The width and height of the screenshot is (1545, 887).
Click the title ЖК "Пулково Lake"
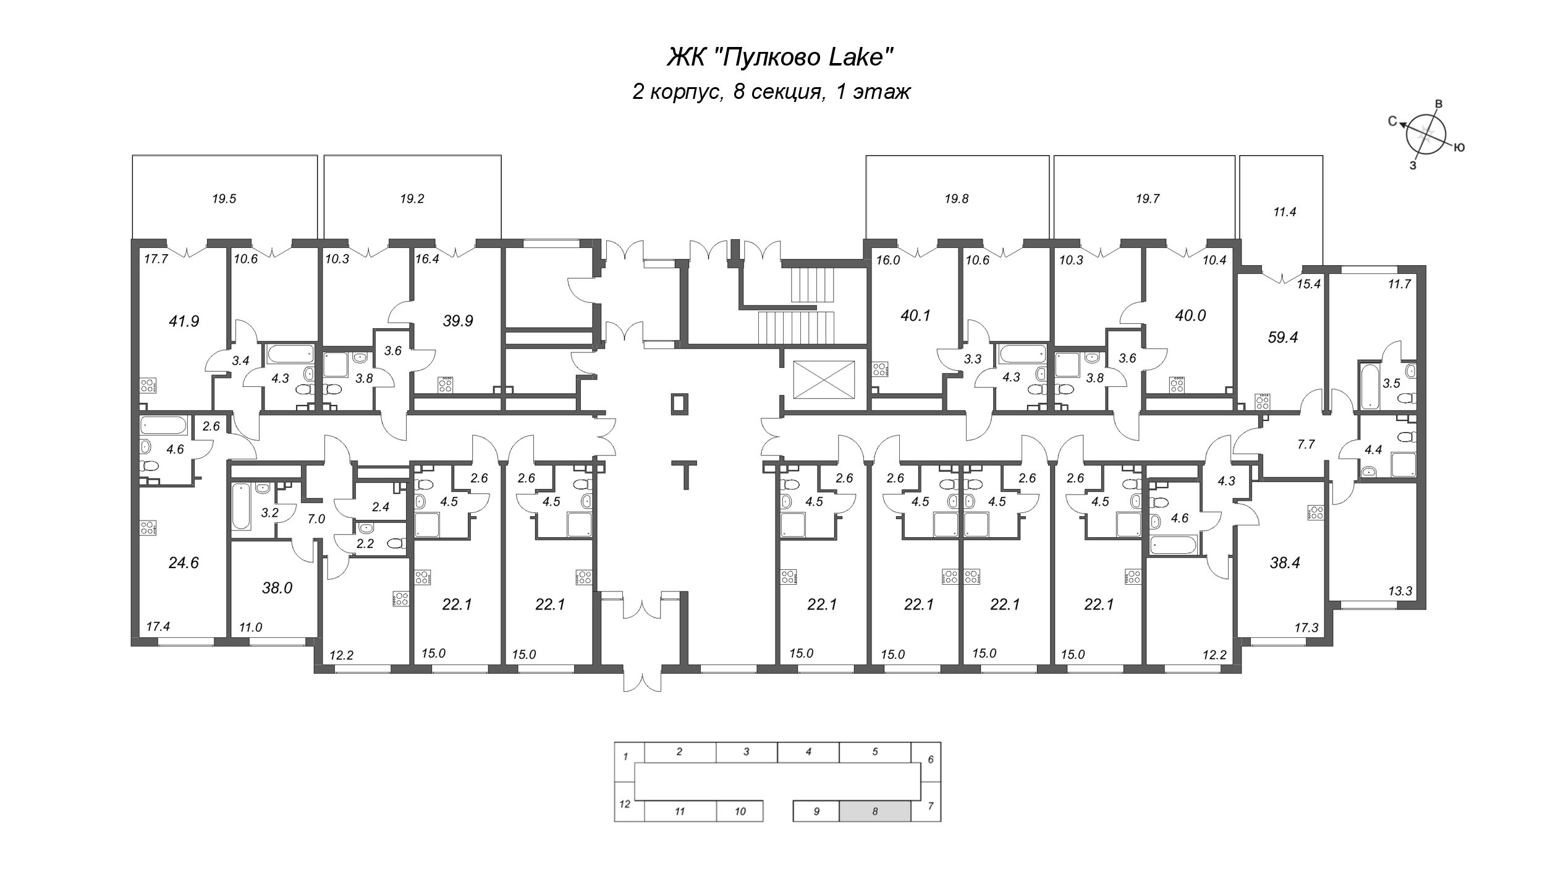pyautogui.click(x=781, y=57)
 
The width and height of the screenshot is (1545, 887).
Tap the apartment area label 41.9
pyautogui.click(x=184, y=321)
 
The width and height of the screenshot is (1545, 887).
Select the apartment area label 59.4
pyautogui.click(x=1282, y=337)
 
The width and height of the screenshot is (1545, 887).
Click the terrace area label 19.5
pyautogui.click(x=224, y=198)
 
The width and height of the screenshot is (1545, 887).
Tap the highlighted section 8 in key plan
pyautogui.click(x=874, y=811)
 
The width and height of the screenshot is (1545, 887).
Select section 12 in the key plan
pyautogui.click(x=625, y=804)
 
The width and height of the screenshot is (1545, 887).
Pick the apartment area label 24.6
pyautogui.click(x=184, y=562)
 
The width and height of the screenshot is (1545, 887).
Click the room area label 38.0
pyautogui.click(x=276, y=588)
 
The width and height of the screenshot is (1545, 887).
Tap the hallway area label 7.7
pyautogui.click(x=1305, y=444)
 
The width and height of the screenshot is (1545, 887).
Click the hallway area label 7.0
pyautogui.click(x=316, y=519)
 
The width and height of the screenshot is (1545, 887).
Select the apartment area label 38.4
pyautogui.click(x=1284, y=562)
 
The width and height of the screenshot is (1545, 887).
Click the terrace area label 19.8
pyautogui.click(x=956, y=198)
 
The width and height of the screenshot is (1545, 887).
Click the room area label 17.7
pyautogui.click(x=156, y=260)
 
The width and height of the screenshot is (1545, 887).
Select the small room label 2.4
pyautogui.click(x=380, y=507)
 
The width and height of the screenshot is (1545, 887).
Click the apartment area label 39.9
pyautogui.click(x=458, y=321)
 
